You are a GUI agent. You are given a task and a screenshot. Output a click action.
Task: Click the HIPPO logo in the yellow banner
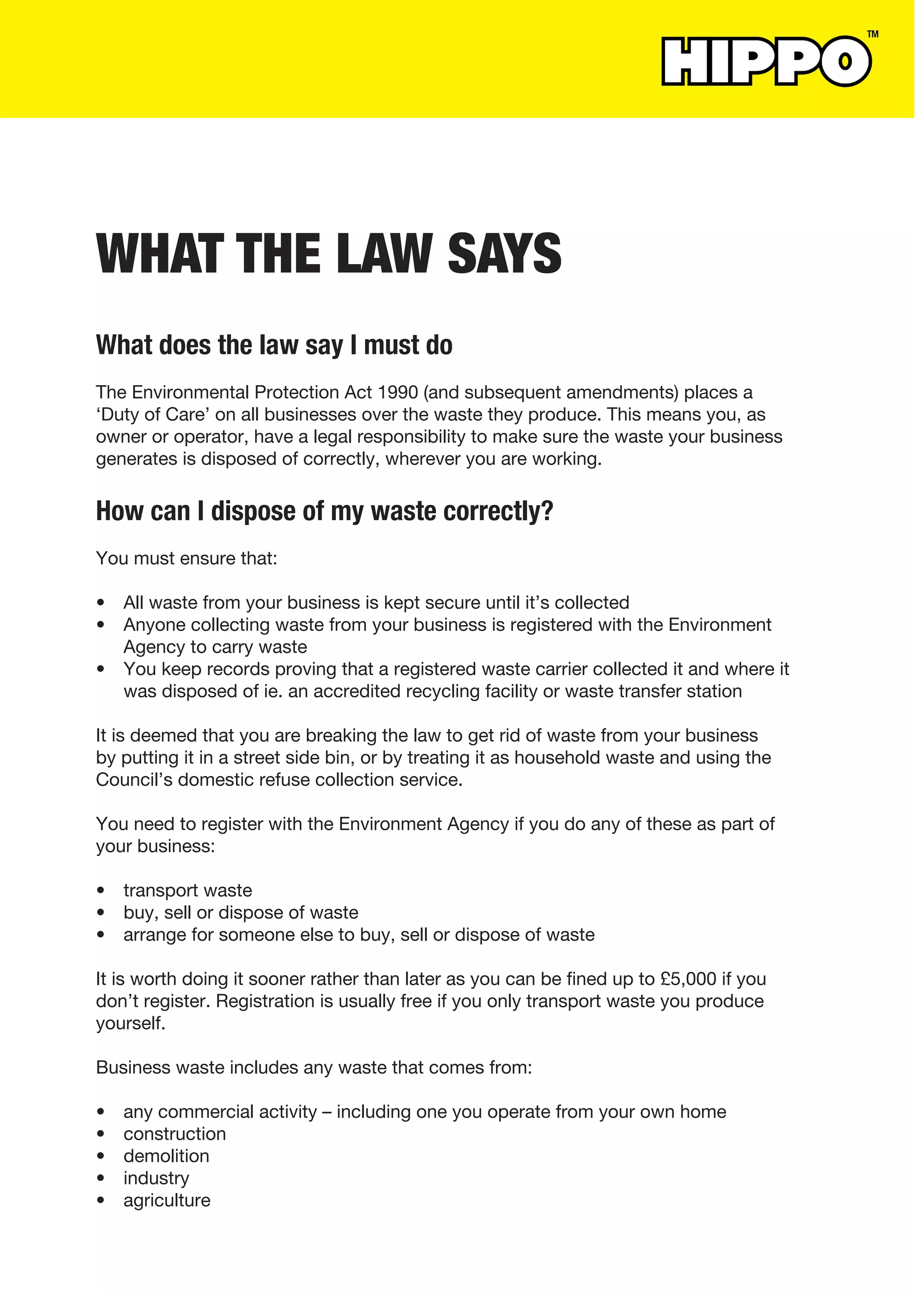766,61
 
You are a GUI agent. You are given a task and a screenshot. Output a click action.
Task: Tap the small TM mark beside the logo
872,34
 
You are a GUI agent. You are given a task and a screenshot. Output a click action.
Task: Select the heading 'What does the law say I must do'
274,345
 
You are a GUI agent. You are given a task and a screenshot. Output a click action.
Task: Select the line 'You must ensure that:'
186,558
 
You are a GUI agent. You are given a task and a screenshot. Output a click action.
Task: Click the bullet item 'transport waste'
188,891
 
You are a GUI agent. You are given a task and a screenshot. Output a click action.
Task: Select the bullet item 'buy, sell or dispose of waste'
240,912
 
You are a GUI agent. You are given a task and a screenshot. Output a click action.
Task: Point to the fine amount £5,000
688,979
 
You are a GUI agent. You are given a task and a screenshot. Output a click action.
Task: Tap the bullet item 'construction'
175,1134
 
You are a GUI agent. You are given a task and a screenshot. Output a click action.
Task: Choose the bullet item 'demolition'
166,1156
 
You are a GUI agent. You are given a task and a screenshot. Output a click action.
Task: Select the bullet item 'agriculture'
167,1201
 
